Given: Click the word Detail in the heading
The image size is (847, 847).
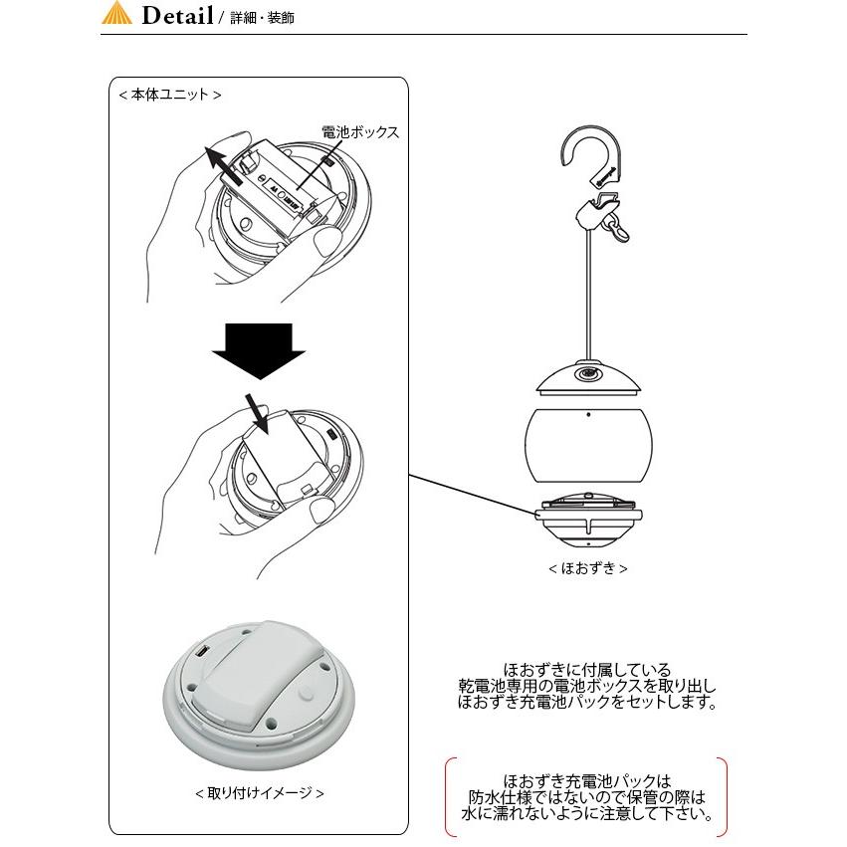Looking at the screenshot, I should tap(176, 16).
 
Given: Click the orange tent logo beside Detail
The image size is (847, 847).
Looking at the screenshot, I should tap(117, 15).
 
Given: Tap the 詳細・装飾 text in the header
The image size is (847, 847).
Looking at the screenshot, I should tap(262, 19).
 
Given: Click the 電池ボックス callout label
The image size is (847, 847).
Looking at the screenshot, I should tap(360, 131).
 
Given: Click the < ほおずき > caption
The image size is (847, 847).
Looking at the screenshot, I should tap(587, 569).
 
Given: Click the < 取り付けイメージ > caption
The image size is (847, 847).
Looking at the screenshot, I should tap(260, 793).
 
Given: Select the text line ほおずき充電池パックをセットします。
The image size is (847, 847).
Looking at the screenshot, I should tap(587, 703).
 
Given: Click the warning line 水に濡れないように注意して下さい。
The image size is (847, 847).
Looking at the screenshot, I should tap(587, 813).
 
